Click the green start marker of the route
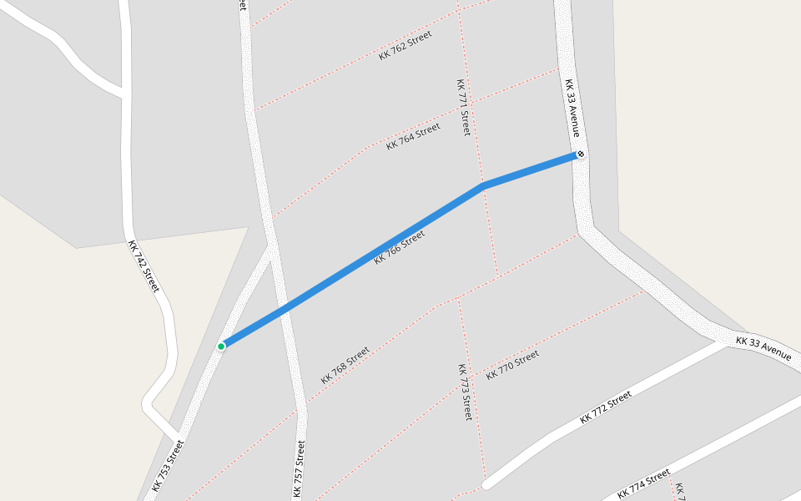click(x=221, y=347)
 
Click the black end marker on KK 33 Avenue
click(x=581, y=154)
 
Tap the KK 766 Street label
click(x=400, y=248)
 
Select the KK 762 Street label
click(x=406, y=45)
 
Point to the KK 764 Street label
click(x=413, y=136)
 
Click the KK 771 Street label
click(x=463, y=107)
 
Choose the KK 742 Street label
click(x=143, y=266)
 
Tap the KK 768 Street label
click(x=345, y=365)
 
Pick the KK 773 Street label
click(x=465, y=391)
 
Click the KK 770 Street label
click(x=512, y=364)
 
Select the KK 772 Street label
click(x=606, y=407)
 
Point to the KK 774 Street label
click(x=645, y=483)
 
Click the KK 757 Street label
click(x=299, y=468)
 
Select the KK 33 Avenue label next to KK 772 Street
click(x=763, y=348)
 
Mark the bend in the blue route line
click(x=482, y=186)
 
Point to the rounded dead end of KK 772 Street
click(x=486, y=483)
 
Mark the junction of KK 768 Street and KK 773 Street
click(x=458, y=298)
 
